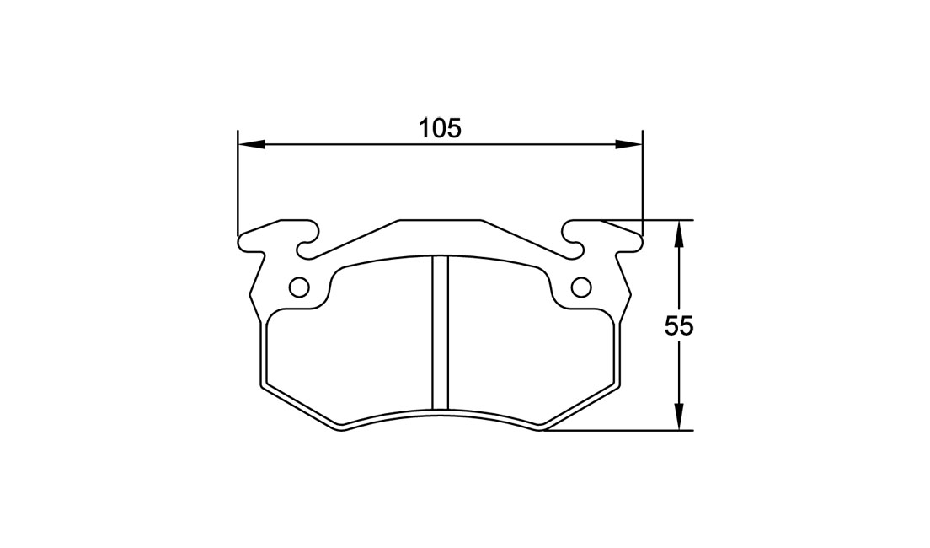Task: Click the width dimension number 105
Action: [441, 128]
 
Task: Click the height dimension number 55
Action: [678, 326]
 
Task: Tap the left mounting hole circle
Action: [298, 287]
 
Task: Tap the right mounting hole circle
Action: [580, 287]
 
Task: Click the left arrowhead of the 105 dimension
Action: [251, 144]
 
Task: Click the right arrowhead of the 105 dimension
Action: [629, 144]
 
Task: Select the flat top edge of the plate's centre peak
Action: [440, 219]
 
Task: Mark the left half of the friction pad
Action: [350, 346]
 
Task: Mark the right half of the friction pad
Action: [531, 346]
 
